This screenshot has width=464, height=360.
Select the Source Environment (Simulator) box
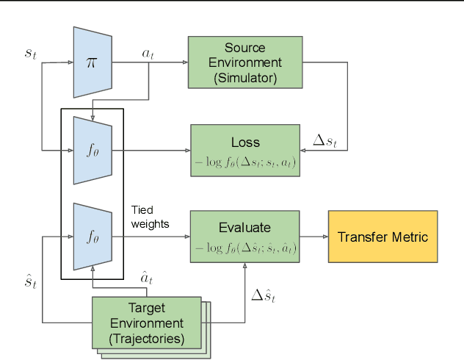pos(245,62)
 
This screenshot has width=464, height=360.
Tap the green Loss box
pos(245,151)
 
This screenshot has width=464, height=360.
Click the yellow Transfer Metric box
pos(382,237)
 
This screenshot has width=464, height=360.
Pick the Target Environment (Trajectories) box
pos(146,323)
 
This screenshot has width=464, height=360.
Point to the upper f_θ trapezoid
pos(93,151)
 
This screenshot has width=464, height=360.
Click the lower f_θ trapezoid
pos(93,237)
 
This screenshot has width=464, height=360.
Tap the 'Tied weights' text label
pos(150,217)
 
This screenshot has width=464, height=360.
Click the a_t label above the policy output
pos(147,54)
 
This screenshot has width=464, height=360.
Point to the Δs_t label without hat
pos(325,140)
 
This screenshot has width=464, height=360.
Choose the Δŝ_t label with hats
pos(267,295)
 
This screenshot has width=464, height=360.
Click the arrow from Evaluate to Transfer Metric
pos(313,237)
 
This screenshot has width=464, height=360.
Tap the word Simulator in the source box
pos(245,77)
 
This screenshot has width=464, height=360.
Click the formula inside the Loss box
pos(245,162)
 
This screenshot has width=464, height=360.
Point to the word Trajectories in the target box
pos(146,338)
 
